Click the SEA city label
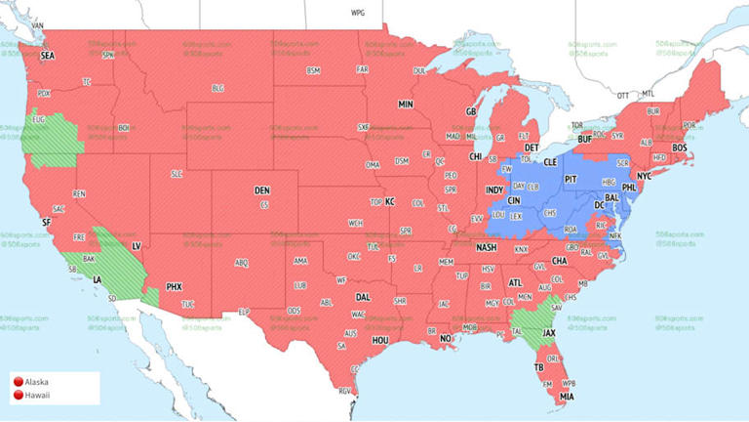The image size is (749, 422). [47, 57]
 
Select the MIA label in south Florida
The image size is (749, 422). [567, 397]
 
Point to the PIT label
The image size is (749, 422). [572, 180]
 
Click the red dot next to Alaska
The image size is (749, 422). [19, 382]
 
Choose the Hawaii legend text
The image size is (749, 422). [39, 396]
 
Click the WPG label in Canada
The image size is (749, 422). [358, 14]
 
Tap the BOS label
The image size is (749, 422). [680, 148]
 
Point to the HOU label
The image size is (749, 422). [380, 339]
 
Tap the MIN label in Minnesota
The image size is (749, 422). [405, 104]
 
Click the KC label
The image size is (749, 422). [389, 201]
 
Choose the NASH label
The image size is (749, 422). [486, 247]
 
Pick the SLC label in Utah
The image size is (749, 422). [177, 174]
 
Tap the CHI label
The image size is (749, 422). [476, 156]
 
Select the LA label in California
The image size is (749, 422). [98, 279]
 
